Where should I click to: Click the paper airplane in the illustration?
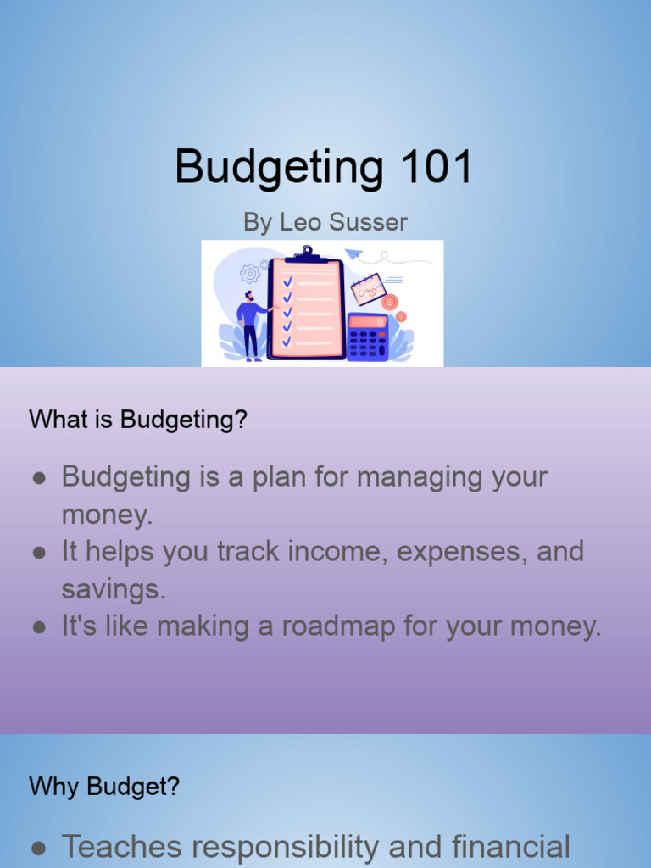pos(353,253)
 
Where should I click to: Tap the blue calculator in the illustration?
pos(368,337)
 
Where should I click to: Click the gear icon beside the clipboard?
pos(249,273)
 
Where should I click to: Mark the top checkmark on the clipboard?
pos(287,281)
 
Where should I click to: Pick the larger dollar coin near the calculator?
pos(390,302)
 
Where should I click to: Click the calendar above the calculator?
pos(368,288)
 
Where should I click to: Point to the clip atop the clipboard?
pos(306,253)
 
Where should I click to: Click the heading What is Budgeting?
pos(138,419)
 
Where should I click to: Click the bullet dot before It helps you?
pos(39,553)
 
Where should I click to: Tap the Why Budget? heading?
pos(104,786)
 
